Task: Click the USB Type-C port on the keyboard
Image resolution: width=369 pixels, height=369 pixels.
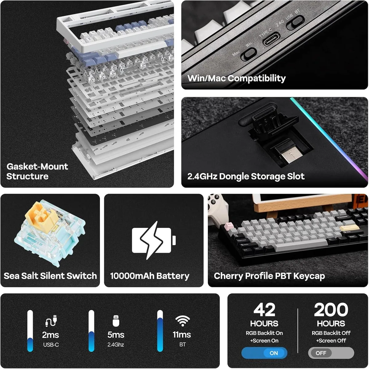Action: [x=271, y=39]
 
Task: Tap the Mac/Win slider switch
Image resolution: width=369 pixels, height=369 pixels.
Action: [x=248, y=54]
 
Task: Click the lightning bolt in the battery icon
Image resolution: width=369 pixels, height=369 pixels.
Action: [x=151, y=240]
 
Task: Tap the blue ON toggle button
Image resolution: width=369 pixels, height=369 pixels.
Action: [x=264, y=353]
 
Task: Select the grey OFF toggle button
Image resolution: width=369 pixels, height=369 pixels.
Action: [x=331, y=353]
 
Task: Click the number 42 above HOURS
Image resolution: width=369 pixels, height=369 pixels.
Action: [x=264, y=310]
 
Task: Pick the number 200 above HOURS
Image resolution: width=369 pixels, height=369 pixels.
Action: [x=331, y=310]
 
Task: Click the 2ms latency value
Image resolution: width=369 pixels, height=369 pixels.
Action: [x=50, y=335]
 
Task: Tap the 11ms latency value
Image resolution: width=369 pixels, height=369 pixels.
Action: [x=182, y=335]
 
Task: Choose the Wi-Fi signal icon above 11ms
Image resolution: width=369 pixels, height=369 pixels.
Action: [x=182, y=321]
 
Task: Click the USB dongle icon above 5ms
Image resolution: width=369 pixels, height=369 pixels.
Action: [x=116, y=320]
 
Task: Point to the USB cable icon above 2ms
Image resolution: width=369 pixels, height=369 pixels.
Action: [x=51, y=320]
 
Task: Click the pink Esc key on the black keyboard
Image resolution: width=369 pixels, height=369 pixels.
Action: [x=229, y=225]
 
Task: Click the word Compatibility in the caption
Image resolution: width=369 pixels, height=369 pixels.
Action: [x=256, y=78]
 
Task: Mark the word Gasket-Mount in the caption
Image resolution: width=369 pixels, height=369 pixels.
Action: [x=37, y=166]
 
